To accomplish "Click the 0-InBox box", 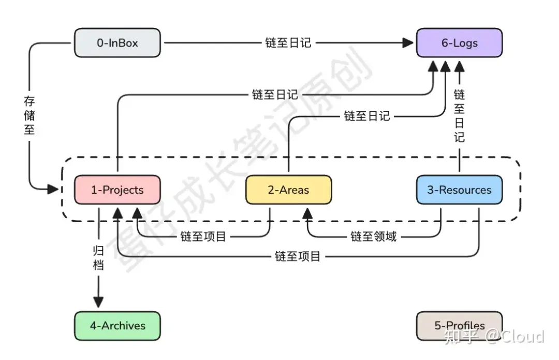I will point(117,43).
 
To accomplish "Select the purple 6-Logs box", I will point(459,43).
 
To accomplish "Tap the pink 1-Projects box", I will point(117,190).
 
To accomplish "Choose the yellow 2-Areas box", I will point(288,190).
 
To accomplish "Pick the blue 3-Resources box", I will point(459,190).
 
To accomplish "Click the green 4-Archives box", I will point(117,326).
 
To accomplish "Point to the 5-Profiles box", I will point(459,326).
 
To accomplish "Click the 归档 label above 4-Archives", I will point(98,258).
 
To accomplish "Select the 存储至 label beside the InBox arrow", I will point(30,115).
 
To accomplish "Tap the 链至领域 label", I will point(374,237).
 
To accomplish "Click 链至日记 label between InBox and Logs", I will point(288,43).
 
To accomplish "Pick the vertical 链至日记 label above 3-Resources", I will point(459,116).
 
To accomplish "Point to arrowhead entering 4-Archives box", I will point(98,302).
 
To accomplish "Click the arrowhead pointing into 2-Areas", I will point(307,213).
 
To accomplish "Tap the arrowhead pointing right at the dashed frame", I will point(52,189).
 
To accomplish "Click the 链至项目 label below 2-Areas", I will point(203,237).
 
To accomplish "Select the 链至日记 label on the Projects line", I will point(275,95).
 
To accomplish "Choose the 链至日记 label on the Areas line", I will point(367,116).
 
